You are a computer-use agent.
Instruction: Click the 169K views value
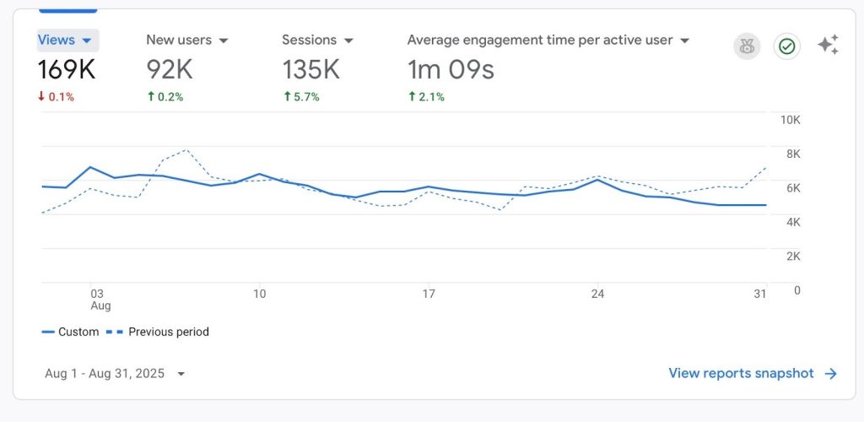tap(67, 69)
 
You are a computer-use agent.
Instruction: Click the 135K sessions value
tap(310, 69)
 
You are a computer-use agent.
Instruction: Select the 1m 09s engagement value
tap(451, 69)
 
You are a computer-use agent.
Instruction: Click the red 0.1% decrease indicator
tap(56, 97)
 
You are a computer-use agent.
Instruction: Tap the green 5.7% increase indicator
tap(301, 97)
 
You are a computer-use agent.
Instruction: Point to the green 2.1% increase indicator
tap(427, 97)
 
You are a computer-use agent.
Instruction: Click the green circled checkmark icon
tap(786, 46)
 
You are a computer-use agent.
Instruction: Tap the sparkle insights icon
tap(828, 46)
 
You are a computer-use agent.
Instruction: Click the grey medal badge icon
tap(746, 46)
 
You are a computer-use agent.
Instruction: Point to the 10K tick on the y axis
tap(790, 120)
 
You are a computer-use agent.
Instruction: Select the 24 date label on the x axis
tap(597, 294)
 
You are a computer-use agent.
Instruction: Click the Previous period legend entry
tap(168, 332)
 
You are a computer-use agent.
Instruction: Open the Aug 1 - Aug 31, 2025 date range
tap(112, 373)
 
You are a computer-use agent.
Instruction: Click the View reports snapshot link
tap(742, 373)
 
